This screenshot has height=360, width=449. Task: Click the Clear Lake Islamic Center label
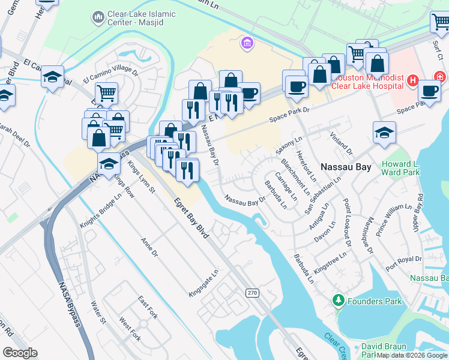[142, 19]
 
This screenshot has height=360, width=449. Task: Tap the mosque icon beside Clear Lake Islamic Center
[98, 19]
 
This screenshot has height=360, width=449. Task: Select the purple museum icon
[246, 43]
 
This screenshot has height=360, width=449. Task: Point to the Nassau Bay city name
[346, 167]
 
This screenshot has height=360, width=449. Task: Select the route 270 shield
[252, 292]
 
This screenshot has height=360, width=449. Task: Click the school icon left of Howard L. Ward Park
[384, 133]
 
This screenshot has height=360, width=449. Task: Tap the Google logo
[20, 353]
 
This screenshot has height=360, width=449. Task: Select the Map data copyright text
[412, 355]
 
